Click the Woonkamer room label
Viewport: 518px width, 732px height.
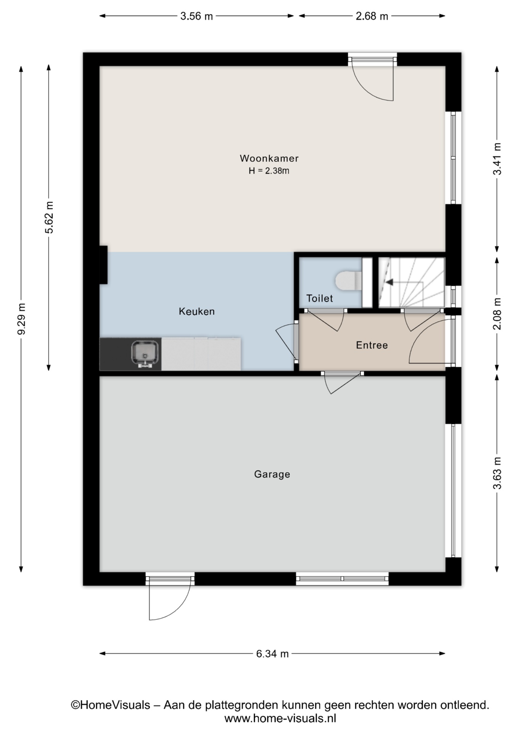269,158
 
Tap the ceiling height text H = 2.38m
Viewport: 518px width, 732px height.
269,171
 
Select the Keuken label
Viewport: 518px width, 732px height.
197,311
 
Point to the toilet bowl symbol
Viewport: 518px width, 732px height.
348,281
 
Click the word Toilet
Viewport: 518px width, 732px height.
320,299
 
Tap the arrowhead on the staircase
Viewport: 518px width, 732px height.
389,282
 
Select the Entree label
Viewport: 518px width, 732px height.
372,345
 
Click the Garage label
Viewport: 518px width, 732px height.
272,474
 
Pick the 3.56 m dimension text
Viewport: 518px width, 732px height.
196,16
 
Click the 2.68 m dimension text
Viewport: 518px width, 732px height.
372,16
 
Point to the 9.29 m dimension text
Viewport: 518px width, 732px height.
21,319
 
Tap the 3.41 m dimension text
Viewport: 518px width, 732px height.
497,159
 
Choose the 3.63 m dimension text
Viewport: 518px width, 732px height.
497,473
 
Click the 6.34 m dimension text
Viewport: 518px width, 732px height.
272,654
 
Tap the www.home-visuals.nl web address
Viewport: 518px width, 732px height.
280,719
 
